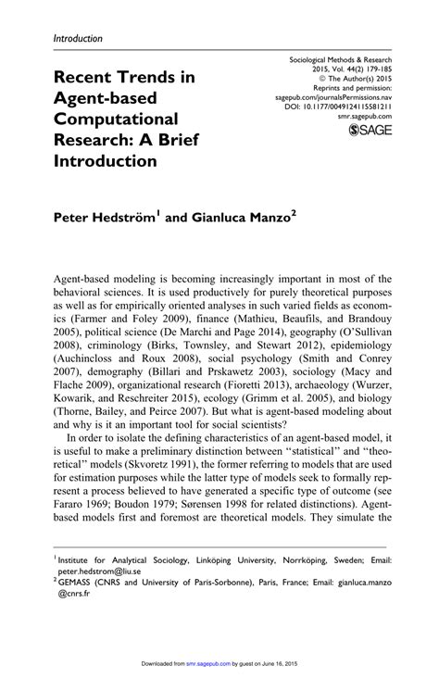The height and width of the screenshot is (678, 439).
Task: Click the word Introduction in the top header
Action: (x=78, y=39)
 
